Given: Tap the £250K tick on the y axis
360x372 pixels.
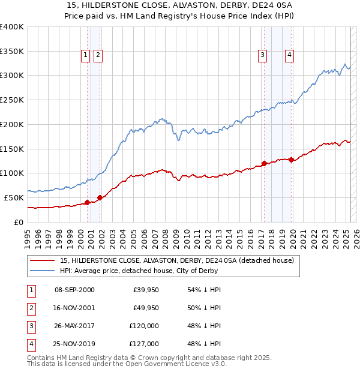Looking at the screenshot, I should point(12,100).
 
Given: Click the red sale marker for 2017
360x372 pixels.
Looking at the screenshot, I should point(264,163).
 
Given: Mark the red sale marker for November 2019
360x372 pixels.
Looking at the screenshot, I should point(291,160).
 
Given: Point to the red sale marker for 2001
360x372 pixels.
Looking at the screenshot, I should point(100,197).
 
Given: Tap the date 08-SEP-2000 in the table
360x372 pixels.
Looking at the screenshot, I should point(74,290).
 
